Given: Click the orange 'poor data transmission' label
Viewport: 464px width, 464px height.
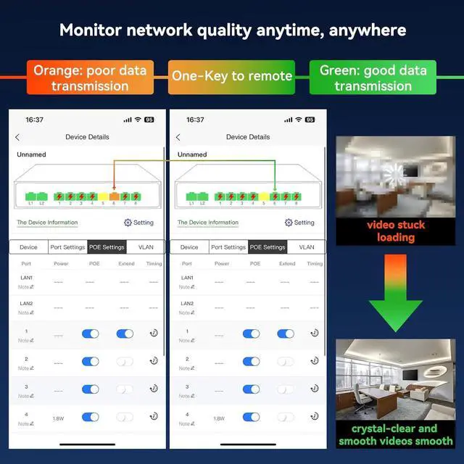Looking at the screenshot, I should pyautogui.click(x=89, y=78).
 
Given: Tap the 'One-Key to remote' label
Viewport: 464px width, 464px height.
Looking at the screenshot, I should pyautogui.click(x=232, y=76).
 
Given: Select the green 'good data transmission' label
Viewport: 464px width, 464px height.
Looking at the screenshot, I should pyautogui.click(x=373, y=78).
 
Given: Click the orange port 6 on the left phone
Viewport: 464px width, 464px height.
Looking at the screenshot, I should pyautogui.click(x=114, y=196).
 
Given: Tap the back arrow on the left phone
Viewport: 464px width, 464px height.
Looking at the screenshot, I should pyautogui.click(x=17, y=137).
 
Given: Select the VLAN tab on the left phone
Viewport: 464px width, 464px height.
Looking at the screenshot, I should pyautogui.click(x=146, y=247).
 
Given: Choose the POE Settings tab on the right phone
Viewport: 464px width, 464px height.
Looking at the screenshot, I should pyautogui.click(x=268, y=247).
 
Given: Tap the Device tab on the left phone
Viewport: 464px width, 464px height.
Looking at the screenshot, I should pyautogui.click(x=28, y=247).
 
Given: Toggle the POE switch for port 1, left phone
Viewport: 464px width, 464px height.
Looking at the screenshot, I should pyautogui.click(x=91, y=334).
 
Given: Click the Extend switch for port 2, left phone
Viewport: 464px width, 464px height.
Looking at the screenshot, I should pyautogui.click(x=125, y=361).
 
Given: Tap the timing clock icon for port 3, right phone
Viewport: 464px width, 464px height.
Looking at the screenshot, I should pyautogui.click(x=315, y=389).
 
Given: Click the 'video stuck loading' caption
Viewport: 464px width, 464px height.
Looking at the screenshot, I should pyautogui.click(x=396, y=231).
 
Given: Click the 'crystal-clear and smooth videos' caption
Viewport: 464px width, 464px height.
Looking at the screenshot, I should pyautogui.click(x=396, y=434).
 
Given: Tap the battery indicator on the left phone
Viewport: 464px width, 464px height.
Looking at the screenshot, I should pyautogui.click(x=149, y=120).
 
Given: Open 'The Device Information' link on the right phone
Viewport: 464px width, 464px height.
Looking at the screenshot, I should pyautogui.click(x=208, y=223).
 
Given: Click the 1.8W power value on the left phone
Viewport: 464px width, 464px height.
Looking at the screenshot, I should pyautogui.click(x=58, y=418).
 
